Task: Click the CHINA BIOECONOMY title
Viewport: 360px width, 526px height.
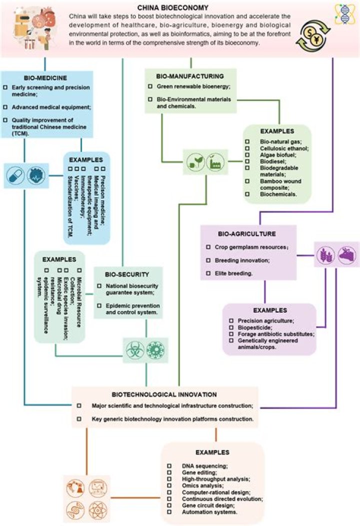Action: click(x=173, y=7)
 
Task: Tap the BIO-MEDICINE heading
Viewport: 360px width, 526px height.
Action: click(x=45, y=78)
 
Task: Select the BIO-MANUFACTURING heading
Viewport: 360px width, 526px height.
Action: click(x=190, y=76)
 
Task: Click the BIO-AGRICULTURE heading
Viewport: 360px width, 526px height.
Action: click(x=247, y=234)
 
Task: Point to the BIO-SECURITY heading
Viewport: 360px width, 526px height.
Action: click(x=127, y=274)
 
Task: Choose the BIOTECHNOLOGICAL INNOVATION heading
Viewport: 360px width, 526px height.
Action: click(x=164, y=395)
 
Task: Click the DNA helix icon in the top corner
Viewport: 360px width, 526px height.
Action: click(x=344, y=14)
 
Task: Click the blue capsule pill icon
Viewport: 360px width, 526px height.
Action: click(x=15, y=175)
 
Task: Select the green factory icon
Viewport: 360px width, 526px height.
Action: click(x=215, y=162)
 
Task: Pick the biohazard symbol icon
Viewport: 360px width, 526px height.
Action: click(x=135, y=350)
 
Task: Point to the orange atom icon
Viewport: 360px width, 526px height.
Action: click(x=98, y=511)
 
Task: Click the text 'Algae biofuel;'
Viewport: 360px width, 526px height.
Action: click(x=278, y=155)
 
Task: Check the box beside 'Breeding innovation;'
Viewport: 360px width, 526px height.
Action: click(x=208, y=260)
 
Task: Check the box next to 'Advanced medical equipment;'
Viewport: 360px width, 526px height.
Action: click(x=5, y=107)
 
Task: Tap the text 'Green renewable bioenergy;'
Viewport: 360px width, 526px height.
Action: click(x=193, y=86)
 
